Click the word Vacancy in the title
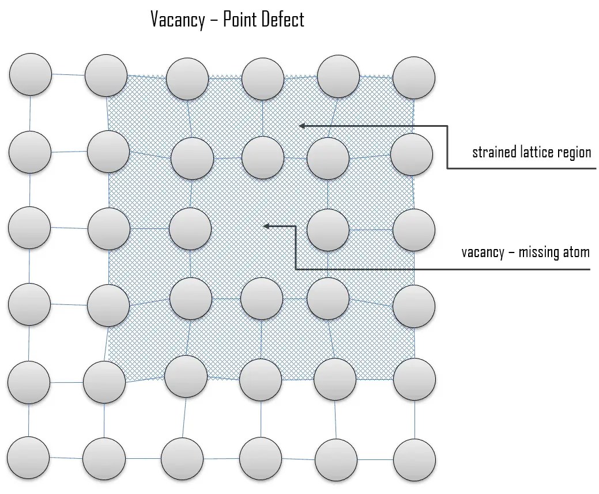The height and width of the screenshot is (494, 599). click(x=177, y=20)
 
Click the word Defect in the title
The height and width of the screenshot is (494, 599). click(x=282, y=20)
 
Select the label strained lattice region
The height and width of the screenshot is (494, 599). click(x=532, y=152)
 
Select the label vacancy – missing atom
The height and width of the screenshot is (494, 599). click(x=525, y=252)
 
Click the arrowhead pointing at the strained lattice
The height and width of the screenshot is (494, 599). click(x=302, y=125)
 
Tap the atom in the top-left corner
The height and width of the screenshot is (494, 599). click(x=31, y=74)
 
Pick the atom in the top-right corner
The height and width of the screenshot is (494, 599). click(x=414, y=77)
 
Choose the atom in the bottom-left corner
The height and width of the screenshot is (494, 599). click(x=28, y=457)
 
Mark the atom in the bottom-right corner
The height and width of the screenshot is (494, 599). click(x=414, y=460)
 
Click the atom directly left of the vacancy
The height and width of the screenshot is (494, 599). click(x=190, y=229)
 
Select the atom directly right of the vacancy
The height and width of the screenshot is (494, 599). click(x=328, y=229)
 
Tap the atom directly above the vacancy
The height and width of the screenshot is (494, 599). click(x=263, y=157)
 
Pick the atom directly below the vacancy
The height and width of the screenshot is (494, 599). click(x=262, y=299)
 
